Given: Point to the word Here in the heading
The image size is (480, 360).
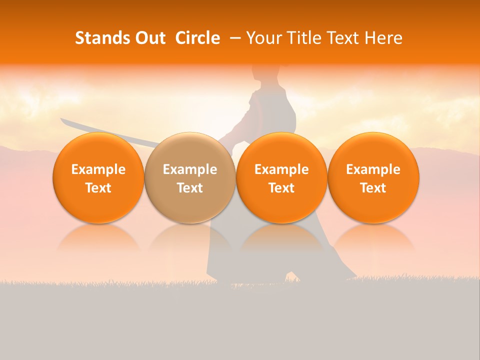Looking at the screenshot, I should click(x=384, y=38).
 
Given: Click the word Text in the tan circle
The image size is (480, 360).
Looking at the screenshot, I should click(x=190, y=188).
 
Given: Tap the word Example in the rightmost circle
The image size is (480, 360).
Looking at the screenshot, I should click(x=373, y=169).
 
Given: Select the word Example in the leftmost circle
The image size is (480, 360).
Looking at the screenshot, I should click(x=98, y=169).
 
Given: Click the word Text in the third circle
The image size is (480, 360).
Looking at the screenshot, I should click(x=281, y=188).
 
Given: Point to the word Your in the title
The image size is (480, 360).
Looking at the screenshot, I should click(x=263, y=38).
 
